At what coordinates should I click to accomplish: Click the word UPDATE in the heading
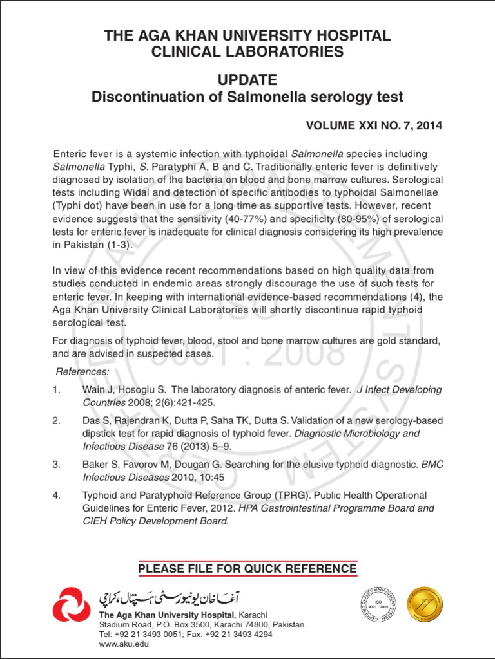(247, 80)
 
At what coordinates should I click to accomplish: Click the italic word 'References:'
(82, 372)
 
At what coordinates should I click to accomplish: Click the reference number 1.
(56, 390)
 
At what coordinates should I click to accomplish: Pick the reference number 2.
(57, 421)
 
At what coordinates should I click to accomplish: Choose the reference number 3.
(57, 464)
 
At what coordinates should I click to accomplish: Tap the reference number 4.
(57, 496)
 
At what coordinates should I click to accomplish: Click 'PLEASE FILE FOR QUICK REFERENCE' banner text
(247, 569)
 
